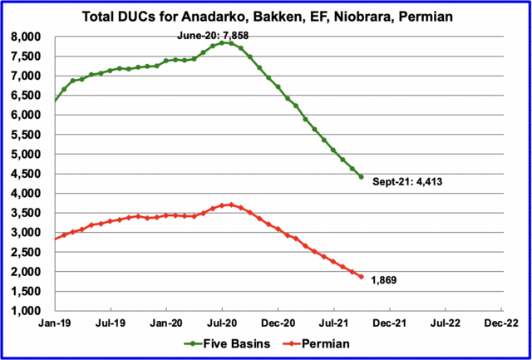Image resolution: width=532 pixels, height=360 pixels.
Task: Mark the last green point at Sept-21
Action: [x=361, y=176]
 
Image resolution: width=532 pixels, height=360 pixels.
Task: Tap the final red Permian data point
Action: [x=361, y=277]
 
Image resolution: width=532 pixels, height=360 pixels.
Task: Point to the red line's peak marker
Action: [x=231, y=205]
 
